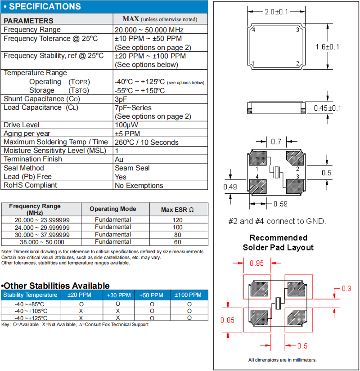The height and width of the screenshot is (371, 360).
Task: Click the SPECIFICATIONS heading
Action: [x=45, y=7]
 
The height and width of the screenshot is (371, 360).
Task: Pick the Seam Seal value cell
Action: [x=132, y=168]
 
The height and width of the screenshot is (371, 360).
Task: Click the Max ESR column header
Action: [x=178, y=210]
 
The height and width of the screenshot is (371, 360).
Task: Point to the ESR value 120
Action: [x=178, y=220]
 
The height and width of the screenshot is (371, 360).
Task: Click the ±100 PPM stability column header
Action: [x=189, y=295]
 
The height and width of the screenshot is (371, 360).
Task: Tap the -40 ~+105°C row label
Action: [x=31, y=311]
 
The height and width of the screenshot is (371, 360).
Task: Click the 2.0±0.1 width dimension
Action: [x=276, y=12]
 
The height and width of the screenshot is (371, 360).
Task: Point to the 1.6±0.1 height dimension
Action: [x=328, y=47]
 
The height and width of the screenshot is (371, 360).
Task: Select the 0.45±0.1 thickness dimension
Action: [x=328, y=108]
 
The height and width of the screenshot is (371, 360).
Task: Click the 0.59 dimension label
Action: [x=280, y=204]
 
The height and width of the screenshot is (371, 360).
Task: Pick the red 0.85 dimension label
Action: [x=228, y=320]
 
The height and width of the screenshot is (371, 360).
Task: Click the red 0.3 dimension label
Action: [x=346, y=289]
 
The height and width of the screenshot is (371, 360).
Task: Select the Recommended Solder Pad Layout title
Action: [x=278, y=242]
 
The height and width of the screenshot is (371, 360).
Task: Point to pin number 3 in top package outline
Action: [x=297, y=30]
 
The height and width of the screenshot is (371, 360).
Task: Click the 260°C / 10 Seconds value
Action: [x=147, y=143]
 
